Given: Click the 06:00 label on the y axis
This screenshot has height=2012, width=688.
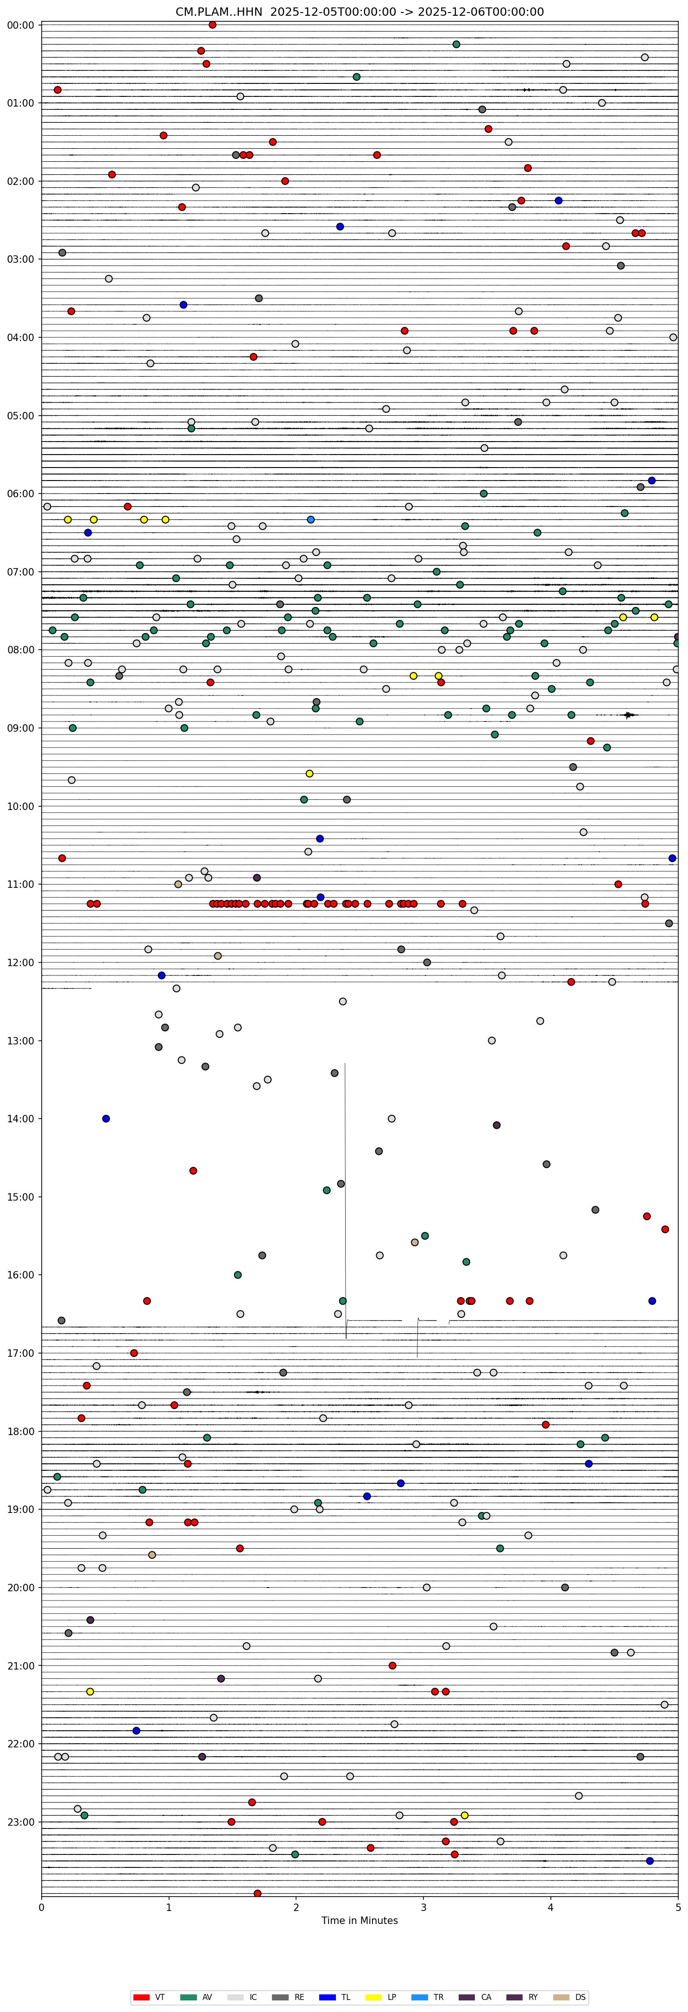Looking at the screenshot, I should pyautogui.click(x=20, y=494).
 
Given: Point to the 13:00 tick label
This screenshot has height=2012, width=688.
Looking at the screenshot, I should pyautogui.click(x=20, y=1040).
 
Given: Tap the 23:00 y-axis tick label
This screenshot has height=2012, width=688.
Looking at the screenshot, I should pyautogui.click(x=20, y=1822).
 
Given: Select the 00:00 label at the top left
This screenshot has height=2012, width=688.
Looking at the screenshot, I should pyautogui.click(x=20, y=25).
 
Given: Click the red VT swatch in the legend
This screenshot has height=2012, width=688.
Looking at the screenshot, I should pyautogui.click(x=141, y=1997).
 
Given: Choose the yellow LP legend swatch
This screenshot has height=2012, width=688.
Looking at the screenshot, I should pyautogui.click(x=373, y=1997).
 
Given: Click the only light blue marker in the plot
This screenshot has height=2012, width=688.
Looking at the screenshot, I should pyautogui.click(x=311, y=519).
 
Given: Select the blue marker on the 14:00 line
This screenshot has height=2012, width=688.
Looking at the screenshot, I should pyautogui.click(x=106, y=1119).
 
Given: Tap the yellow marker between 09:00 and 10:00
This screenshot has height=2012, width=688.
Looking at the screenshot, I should pyautogui.click(x=309, y=773).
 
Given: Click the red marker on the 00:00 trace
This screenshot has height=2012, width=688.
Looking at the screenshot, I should pyautogui.click(x=212, y=25).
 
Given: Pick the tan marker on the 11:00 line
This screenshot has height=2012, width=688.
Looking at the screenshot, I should pyautogui.click(x=178, y=884).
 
